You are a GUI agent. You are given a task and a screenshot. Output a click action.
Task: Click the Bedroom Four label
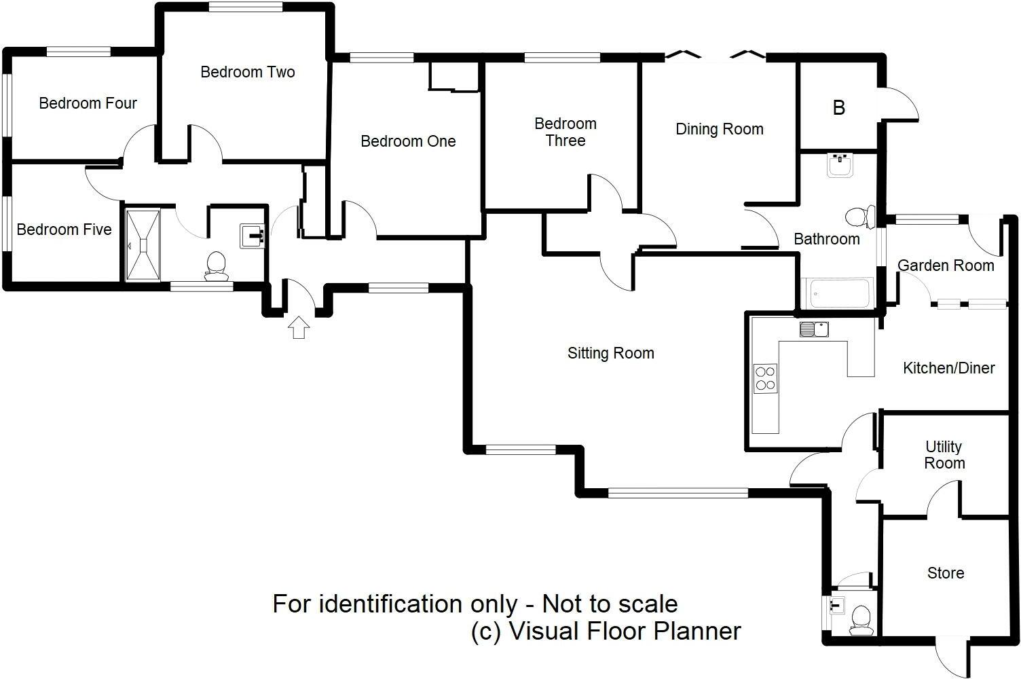pos(88,103)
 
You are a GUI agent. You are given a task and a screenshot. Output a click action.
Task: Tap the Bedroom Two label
pos(248,72)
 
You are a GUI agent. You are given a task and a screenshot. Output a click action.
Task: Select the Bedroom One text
pos(408,141)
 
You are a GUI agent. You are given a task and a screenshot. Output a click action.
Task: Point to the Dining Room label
pos(719,129)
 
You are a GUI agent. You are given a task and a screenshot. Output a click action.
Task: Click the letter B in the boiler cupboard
pos(839,108)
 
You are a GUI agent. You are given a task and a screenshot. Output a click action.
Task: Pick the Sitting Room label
pos(610,353)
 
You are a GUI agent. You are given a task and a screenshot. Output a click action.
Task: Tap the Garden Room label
pos(946,265)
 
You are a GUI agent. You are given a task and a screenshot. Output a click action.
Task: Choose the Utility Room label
pos(944,455)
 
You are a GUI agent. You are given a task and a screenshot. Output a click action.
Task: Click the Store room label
pos(946,573)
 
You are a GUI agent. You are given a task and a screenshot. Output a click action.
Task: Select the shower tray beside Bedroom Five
pos(143,245)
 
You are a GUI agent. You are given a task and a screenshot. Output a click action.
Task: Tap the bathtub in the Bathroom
pos(837,293)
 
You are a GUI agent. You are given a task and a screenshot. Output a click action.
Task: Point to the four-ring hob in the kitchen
pos(765,378)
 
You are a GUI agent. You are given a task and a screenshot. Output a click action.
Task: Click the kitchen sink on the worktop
pos(814,329)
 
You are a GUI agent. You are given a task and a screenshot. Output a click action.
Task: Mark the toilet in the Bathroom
pos(859,217)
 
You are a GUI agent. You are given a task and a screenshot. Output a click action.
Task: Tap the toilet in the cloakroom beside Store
pos(861,620)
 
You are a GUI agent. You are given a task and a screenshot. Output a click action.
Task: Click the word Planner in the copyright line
pos(697,631)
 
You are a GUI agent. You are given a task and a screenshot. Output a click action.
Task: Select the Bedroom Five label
pos(64,230)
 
